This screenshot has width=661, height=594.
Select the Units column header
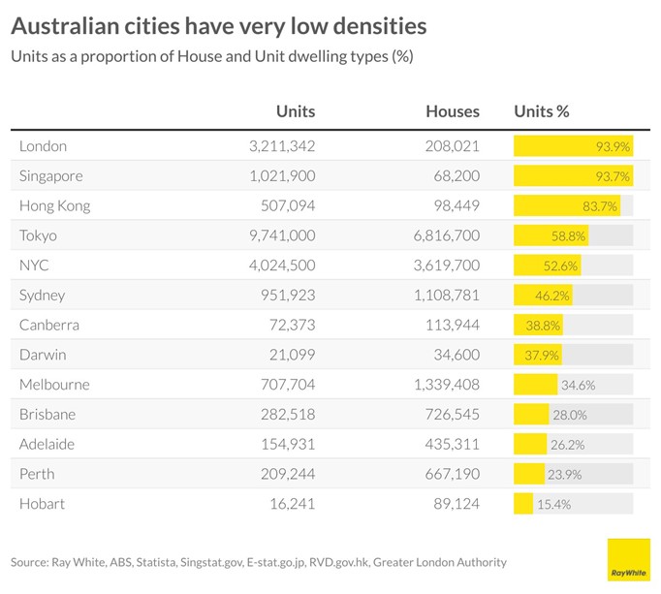(x=296, y=111)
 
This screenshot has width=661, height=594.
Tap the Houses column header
(x=453, y=111)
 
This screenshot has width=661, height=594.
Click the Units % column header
(x=541, y=111)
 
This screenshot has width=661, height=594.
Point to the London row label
(x=43, y=146)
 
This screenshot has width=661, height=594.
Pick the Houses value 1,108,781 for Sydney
(x=441, y=296)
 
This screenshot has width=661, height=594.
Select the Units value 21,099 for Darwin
(x=290, y=355)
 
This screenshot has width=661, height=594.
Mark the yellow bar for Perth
(x=528, y=475)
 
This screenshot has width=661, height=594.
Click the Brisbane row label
(x=47, y=415)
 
